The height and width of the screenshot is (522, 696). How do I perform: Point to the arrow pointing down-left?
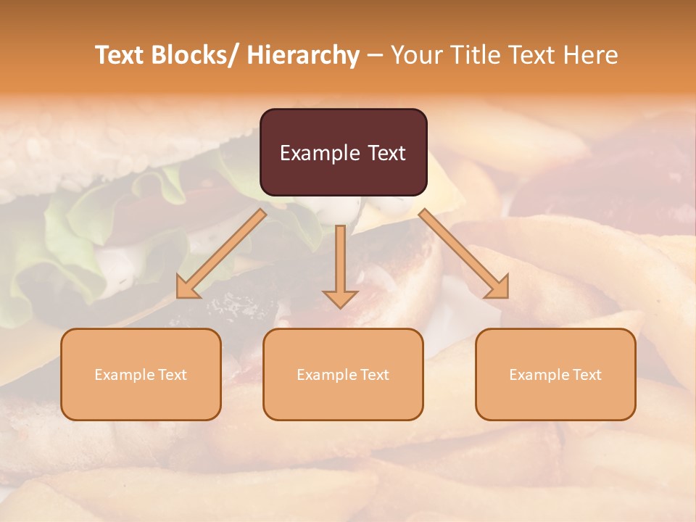pos(222,253)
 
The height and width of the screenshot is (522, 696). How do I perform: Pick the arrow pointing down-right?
pos(464,254)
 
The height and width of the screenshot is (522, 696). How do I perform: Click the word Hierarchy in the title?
pos(303,55)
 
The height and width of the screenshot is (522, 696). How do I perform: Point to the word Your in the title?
pos(415,55)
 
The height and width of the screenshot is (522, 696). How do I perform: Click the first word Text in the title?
pos(120,55)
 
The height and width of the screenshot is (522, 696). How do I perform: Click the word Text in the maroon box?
pos(386,153)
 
